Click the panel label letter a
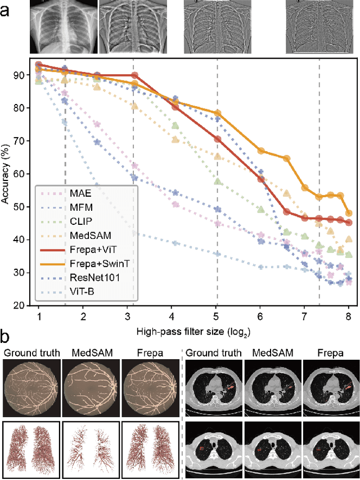coord(7,11)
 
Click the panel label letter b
coord(7,338)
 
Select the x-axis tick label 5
coord(217,316)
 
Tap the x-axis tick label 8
coord(349,316)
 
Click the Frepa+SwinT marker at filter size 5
coord(217,113)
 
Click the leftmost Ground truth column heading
coord(31,353)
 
